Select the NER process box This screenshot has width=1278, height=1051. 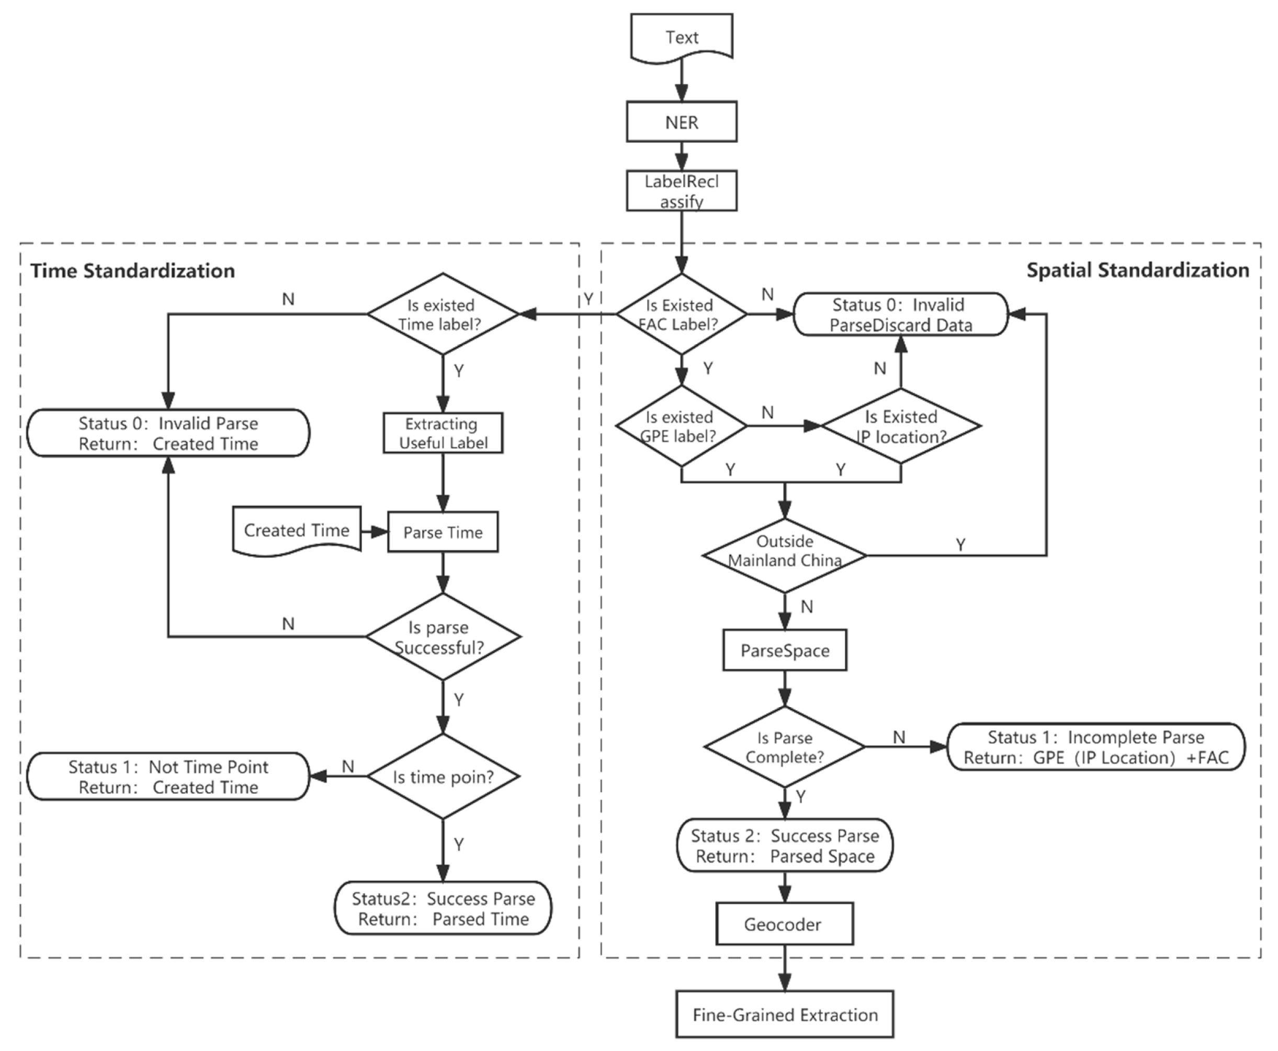pyautogui.click(x=682, y=122)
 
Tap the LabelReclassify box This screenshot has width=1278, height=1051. pyautogui.click(x=682, y=191)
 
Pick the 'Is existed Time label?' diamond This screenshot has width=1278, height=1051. pyautogui.click(x=442, y=314)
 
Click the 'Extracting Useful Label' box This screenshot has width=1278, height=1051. pyautogui.click(x=443, y=433)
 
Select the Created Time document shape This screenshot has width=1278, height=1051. pyautogui.click(x=297, y=530)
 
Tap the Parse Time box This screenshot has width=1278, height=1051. pyautogui.click(x=443, y=532)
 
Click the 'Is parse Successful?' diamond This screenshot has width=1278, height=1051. pyautogui.click(x=442, y=636)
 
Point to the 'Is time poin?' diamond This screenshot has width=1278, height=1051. pyautogui.click(x=443, y=777)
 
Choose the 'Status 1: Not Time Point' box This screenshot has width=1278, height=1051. pyautogui.click(x=168, y=777)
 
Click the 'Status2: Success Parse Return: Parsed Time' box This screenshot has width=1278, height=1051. pyautogui.click(x=443, y=908)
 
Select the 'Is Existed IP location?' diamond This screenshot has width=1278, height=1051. pyautogui.click(x=901, y=426)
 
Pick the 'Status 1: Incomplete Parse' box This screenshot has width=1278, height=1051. pyautogui.click(x=1095, y=747)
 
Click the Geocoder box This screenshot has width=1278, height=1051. pyautogui.click(x=784, y=924)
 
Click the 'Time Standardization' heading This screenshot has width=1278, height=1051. pyautogui.click(x=133, y=271)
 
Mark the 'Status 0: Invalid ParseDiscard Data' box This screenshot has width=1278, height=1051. pyautogui.click(x=901, y=314)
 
